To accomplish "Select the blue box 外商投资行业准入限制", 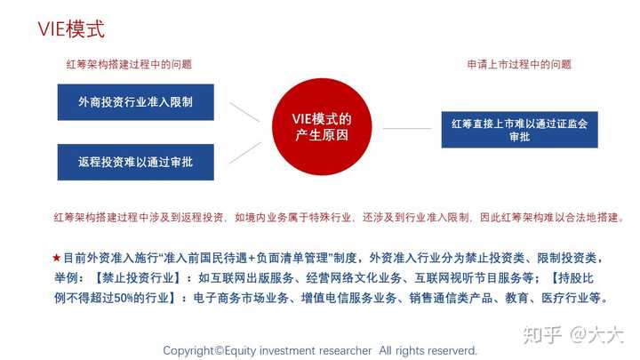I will (135, 101).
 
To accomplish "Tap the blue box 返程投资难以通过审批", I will (135, 163).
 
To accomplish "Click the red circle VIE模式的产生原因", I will (322, 128).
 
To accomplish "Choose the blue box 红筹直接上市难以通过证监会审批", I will (519, 130).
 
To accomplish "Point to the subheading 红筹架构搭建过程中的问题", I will (129, 64).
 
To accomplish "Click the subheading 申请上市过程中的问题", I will (519, 64).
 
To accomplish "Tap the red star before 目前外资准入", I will (57, 258).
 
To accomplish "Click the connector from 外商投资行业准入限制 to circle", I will (244, 112).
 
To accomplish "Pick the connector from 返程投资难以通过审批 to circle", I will (244, 152).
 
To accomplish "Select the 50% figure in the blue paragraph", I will (149, 298).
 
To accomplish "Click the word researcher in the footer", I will (340, 349).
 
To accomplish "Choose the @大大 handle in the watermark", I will (597, 334).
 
